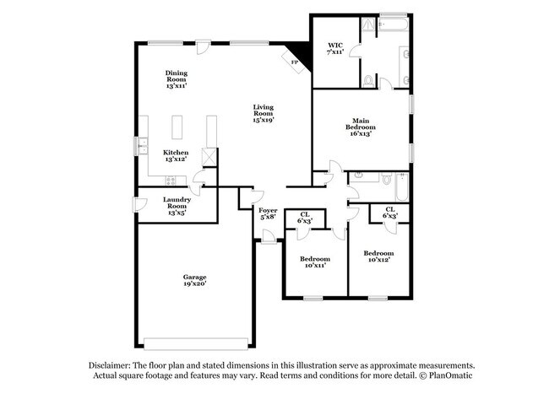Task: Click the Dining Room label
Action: click(x=176, y=78)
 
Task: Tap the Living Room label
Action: click(x=263, y=113)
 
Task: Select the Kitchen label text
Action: click(x=176, y=156)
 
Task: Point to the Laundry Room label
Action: click(x=177, y=206)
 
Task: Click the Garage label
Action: click(x=195, y=280)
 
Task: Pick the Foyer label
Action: click(x=268, y=213)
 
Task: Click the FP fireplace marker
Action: click(x=294, y=62)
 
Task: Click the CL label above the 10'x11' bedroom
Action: click(x=304, y=218)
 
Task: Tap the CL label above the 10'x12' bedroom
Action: click(x=390, y=213)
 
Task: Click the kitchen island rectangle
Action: click(x=178, y=127)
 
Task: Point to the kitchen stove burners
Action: click(x=171, y=180)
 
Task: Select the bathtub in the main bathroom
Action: click(x=394, y=24)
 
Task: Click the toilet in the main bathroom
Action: click(x=369, y=81)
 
